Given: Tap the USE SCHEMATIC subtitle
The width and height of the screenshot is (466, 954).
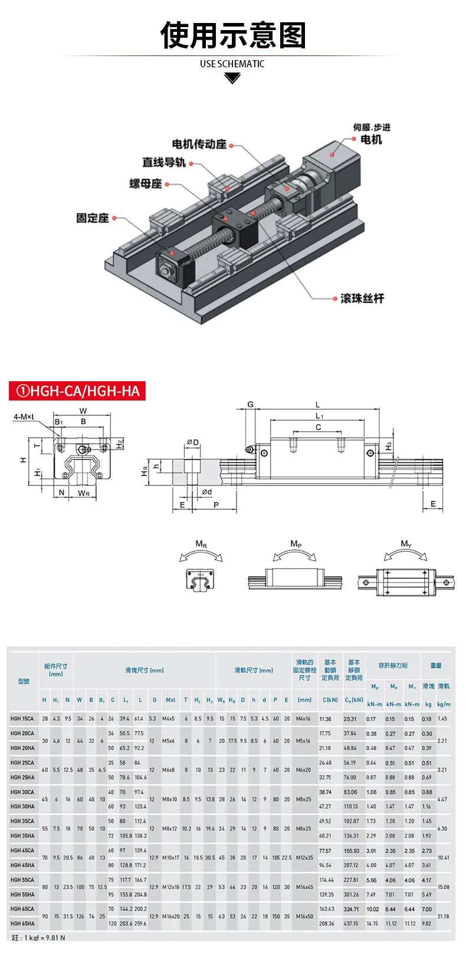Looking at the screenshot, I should [232, 64].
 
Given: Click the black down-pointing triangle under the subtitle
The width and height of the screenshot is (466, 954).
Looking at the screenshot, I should [232, 78].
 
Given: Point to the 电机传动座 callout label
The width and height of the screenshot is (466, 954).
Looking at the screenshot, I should [199, 145].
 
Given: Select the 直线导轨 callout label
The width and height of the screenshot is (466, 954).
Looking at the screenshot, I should [163, 162].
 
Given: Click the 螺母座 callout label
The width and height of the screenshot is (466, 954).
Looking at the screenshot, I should [146, 183].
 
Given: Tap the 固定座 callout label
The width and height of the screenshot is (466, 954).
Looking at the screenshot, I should [93, 218].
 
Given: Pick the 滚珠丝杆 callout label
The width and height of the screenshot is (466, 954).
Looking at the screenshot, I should [362, 299].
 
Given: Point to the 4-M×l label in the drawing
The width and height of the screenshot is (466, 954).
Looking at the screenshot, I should [24, 417].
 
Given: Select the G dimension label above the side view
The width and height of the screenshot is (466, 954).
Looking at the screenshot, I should [251, 405].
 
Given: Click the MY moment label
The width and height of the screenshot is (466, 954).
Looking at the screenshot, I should [406, 544].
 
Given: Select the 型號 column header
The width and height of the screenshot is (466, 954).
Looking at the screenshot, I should [24, 681].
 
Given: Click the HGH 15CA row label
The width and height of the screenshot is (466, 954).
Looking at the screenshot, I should [22, 719].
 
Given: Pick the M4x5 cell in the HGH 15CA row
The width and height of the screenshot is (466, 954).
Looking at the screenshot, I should [168, 719].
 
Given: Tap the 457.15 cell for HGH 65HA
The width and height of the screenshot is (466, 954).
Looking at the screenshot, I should [351, 924].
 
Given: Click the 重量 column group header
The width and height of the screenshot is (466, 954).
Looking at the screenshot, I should [436, 665].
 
